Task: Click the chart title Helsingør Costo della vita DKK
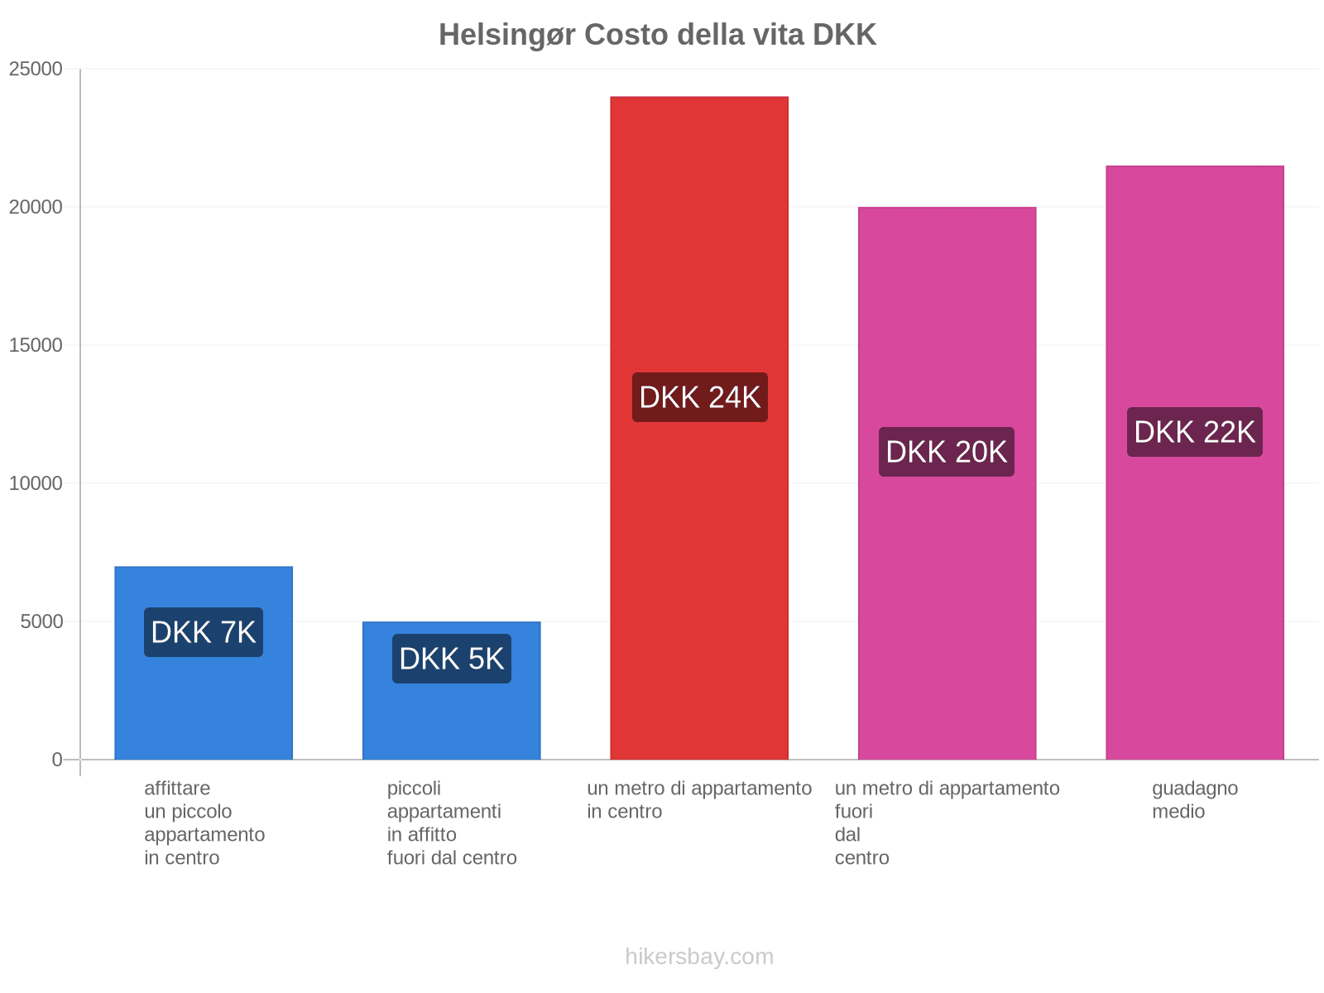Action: pos(657,35)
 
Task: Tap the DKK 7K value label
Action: pos(204,632)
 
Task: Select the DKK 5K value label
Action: pos(452,659)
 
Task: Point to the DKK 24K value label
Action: pos(700,397)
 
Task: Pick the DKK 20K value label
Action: pos(947,452)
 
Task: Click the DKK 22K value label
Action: pos(1195,432)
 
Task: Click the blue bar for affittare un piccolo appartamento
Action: pos(204,703)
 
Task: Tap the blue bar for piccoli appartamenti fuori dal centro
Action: pos(452,720)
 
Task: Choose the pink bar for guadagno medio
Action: pos(1195,579)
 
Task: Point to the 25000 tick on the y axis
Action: pos(36,69)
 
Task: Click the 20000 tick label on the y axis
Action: pos(36,207)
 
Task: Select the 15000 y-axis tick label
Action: pos(36,345)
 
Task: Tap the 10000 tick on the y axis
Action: pos(36,483)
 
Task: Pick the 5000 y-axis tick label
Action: pos(42,621)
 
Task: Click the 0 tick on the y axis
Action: pos(57,760)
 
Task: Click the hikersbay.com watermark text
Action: pos(699,957)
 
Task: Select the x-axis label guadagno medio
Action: pos(1195,799)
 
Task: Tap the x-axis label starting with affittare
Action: pos(204,823)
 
